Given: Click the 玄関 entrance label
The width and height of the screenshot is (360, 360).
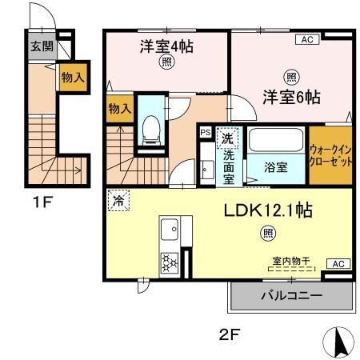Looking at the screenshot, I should [x=42, y=46].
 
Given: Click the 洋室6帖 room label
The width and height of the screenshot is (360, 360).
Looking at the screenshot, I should [x=291, y=98].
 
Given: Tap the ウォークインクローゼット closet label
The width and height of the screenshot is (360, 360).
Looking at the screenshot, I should [x=330, y=154].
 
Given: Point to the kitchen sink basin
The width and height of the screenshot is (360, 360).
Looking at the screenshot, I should [x=170, y=232].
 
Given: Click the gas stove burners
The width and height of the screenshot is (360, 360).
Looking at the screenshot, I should [x=170, y=262].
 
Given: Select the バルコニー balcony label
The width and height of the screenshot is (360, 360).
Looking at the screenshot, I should [x=291, y=296].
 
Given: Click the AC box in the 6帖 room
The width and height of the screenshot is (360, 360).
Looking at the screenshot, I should [x=306, y=38].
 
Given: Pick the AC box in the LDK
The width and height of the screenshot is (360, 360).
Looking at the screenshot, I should [x=338, y=264].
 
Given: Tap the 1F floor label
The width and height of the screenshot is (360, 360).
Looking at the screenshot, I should [x=42, y=202].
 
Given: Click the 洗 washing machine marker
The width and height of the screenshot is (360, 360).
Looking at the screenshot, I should [x=228, y=136].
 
